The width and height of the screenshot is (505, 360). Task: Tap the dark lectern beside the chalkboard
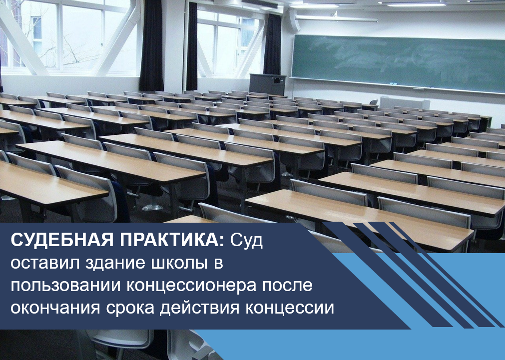pos(268,84)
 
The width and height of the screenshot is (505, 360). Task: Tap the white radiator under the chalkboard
pos(405,102)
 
